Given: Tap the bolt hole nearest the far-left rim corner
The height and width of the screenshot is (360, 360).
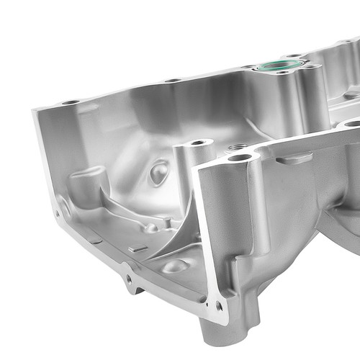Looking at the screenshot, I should tap(71, 102).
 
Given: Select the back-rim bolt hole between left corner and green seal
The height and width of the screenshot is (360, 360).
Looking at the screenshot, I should tap(173, 80).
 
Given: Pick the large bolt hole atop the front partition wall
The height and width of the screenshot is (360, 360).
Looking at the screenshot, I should tap(240, 157).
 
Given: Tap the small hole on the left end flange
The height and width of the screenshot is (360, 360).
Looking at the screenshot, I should tap(58, 213).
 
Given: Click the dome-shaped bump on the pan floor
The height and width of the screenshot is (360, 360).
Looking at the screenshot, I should tap(175, 266).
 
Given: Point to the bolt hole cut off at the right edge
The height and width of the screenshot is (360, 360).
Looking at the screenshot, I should tap(353, 124).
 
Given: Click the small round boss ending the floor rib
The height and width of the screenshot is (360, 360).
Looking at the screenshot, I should tap(150, 228).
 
